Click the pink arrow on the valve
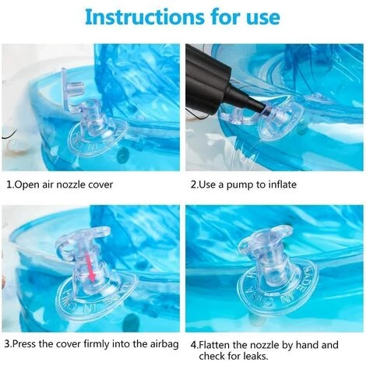point(90,268)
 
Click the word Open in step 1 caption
point(24,185)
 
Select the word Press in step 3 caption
point(24,344)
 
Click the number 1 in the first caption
point(9,185)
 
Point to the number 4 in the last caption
point(193,346)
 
